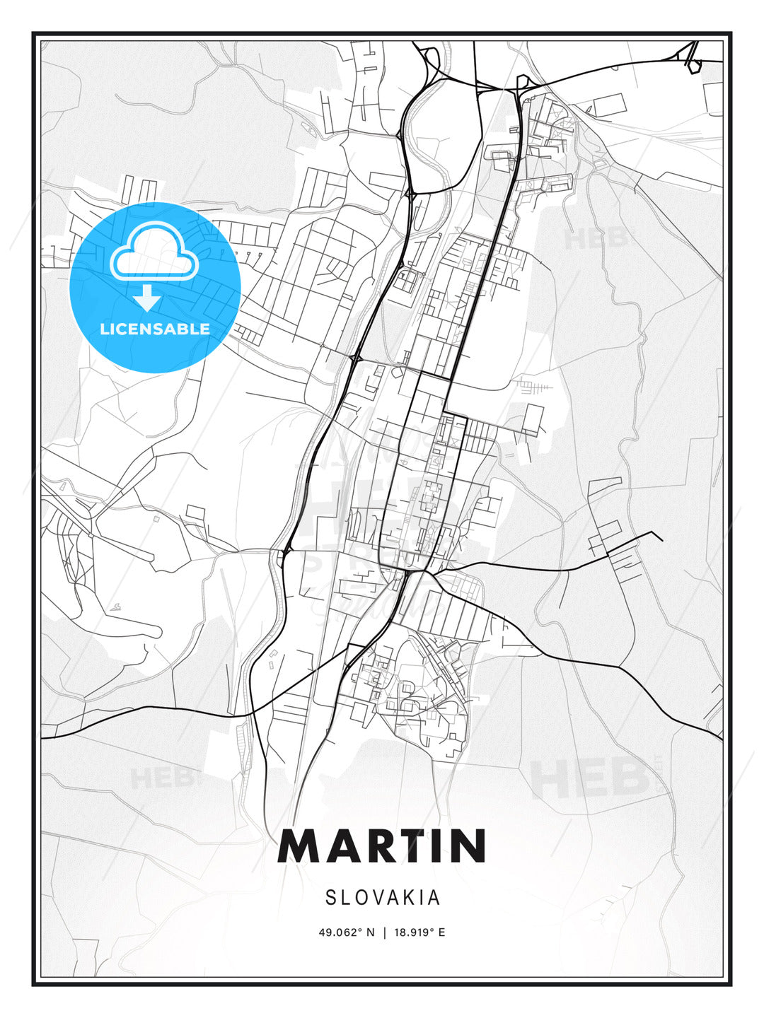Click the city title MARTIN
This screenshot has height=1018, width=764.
pyautogui.click(x=382, y=846)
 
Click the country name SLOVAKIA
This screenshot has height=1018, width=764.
pyautogui.click(x=383, y=898)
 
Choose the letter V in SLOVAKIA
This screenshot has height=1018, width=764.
pyautogui.click(x=379, y=898)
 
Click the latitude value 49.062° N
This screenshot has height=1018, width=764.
pyautogui.click(x=346, y=932)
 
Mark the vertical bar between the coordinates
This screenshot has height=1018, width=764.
pyautogui.click(x=385, y=932)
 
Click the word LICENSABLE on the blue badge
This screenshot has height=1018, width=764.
pyautogui.click(x=155, y=329)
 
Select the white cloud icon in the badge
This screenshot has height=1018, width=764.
pyautogui.click(x=154, y=252)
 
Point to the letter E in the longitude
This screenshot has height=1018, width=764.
pyautogui.click(x=442, y=932)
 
